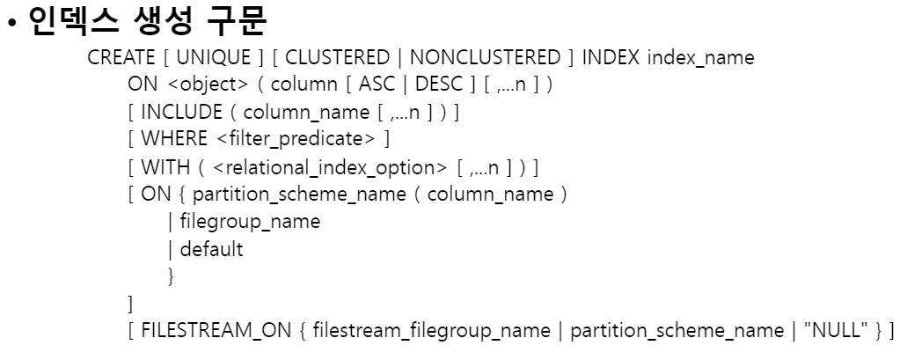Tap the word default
point(211,249)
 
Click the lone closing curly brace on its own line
point(171,276)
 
